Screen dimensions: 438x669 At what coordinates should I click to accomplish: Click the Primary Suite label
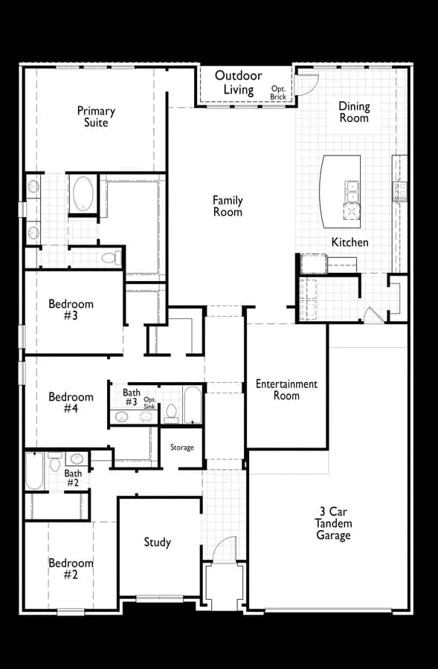pos(96,117)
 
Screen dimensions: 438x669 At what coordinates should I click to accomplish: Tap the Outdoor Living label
pos(238,83)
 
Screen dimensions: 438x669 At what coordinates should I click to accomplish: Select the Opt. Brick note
pos(278,93)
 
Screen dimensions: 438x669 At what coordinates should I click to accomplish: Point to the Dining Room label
pos(354,111)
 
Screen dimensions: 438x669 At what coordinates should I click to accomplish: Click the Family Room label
pos(228,206)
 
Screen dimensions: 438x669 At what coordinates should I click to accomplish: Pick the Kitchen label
pos(350,242)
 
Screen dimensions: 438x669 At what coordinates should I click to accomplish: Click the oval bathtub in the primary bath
pos(83,193)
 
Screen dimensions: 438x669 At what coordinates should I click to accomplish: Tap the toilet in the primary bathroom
pos(111,258)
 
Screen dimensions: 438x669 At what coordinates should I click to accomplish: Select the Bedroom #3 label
pos(71,309)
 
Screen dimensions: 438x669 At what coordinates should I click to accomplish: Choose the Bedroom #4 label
pos(71,402)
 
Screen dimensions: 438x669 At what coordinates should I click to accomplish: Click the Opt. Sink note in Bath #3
pos(149,403)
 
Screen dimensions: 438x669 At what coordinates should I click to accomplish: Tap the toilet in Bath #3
pos(171,413)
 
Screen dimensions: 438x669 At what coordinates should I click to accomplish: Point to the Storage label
pos(182,447)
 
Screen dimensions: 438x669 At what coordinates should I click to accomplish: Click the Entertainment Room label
pos(286,389)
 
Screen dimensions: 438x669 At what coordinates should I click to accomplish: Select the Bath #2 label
pos(73,478)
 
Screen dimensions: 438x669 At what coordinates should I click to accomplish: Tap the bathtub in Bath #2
pos(34,471)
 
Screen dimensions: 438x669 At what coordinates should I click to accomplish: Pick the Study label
pos(157,542)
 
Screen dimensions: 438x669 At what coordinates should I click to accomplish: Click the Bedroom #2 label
pos(71,569)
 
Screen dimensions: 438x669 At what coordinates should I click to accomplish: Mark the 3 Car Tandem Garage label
pos(333,523)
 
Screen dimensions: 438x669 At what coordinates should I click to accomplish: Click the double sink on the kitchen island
pos(352,192)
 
